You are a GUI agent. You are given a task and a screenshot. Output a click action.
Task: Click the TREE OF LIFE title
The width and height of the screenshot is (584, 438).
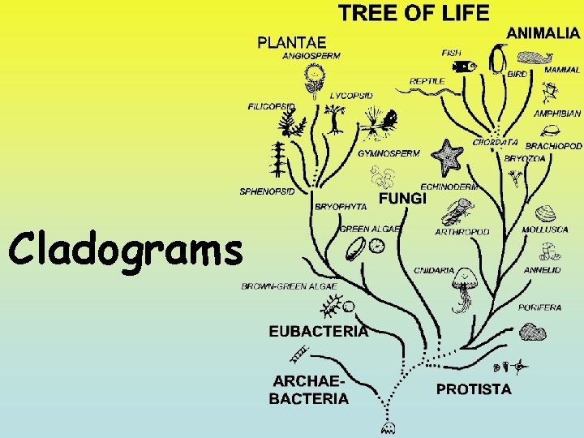click(414, 13)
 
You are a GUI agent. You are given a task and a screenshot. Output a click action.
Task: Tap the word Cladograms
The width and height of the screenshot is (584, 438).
click(126, 249)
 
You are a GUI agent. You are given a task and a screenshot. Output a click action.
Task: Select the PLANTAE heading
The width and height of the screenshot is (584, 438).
click(292, 41)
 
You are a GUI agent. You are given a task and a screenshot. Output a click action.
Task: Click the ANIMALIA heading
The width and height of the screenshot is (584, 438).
click(543, 33)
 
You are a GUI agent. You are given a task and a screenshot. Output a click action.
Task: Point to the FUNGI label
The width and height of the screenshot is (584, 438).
click(402, 199)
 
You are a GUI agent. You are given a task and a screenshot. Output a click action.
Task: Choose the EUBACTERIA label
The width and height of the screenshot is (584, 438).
click(319, 331)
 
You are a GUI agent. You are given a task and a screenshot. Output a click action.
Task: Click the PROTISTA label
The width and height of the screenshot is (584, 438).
click(474, 389)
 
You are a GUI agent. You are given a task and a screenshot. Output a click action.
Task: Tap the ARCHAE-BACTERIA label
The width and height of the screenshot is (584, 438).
click(310, 390)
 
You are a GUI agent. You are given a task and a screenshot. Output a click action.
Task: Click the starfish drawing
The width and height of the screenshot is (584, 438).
click(447, 154)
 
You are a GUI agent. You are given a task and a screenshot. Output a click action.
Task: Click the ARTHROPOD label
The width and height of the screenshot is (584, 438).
click(462, 232)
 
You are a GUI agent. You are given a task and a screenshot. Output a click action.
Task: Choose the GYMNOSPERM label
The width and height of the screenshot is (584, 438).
click(389, 153)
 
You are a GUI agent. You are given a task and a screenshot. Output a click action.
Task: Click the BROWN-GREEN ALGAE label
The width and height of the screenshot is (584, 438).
click(278, 286)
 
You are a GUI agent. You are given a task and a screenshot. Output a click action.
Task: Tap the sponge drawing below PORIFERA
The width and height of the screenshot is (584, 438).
click(533, 331)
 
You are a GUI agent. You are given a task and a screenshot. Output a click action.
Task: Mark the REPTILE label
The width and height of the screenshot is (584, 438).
click(427, 81)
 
